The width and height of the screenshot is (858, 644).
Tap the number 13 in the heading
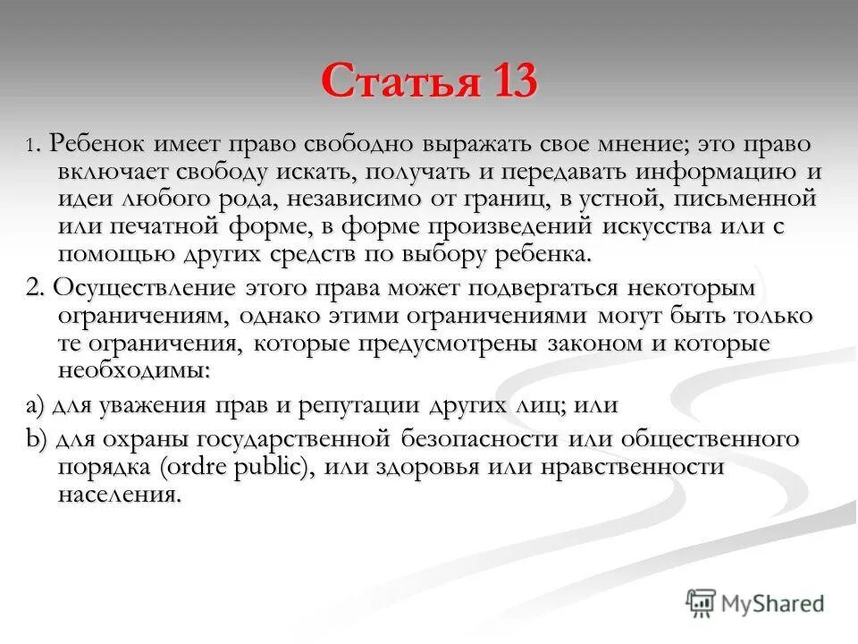click(x=512, y=83)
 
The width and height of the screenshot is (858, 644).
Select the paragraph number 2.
click(x=34, y=290)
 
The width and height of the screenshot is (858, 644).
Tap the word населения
click(x=120, y=495)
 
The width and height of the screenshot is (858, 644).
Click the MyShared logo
click(x=755, y=603)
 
